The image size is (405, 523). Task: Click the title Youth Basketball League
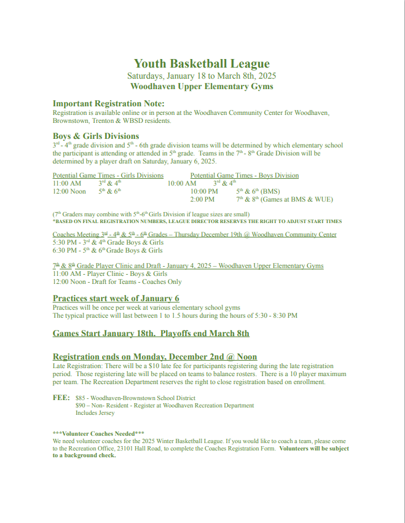click(202, 64)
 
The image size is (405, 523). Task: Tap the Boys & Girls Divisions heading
click(96, 136)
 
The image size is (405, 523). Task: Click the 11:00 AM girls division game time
click(67, 183)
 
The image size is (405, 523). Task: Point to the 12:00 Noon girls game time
click(69, 192)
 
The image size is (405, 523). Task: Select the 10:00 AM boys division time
click(182, 183)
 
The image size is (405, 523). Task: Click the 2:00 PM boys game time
click(202, 200)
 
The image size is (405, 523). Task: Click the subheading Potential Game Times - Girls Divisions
click(108, 175)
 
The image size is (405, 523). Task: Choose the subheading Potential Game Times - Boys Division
click(244, 175)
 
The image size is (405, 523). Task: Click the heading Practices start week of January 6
click(116, 298)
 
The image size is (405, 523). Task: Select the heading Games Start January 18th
click(104, 334)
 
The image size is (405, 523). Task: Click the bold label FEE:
click(61, 398)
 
